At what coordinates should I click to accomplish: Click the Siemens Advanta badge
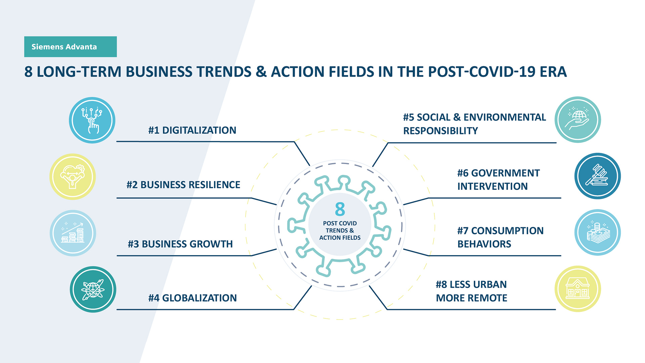pyautogui.click(x=71, y=47)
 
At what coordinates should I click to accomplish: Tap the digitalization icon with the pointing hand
pyautogui.click(x=92, y=120)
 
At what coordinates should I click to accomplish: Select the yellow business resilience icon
pyautogui.click(x=73, y=177)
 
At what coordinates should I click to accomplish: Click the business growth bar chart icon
pyautogui.click(x=73, y=233)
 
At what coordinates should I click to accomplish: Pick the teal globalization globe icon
pyautogui.click(x=93, y=289)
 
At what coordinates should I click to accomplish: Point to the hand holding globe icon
pyautogui.click(x=578, y=120)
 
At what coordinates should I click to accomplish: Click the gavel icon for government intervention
pyautogui.click(x=598, y=176)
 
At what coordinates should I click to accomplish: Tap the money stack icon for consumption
pyautogui.click(x=598, y=233)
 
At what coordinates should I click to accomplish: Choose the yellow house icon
pyautogui.click(x=578, y=289)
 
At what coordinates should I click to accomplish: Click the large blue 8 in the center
pyautogui.click(x=340, y=209)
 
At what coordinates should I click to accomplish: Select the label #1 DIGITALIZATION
pyautogui.click(x=192, y=130)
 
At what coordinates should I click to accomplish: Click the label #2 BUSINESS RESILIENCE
pyautogui.click(x=183, y=185)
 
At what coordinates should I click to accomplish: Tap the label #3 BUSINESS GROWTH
pyautogui.click(x=180, y=244)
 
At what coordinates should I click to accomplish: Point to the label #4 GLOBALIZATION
pyautogui.click(x=192, y=298)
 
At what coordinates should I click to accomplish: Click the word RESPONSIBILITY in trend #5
pyautogui.click(x=440, y=131)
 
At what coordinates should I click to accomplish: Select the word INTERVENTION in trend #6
pyautogui.click(x=492, y=186)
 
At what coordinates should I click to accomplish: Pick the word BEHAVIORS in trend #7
pyautogui.click(x=484, y=244)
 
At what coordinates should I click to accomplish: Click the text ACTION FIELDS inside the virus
pyautogui.click(x=340, y=238)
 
